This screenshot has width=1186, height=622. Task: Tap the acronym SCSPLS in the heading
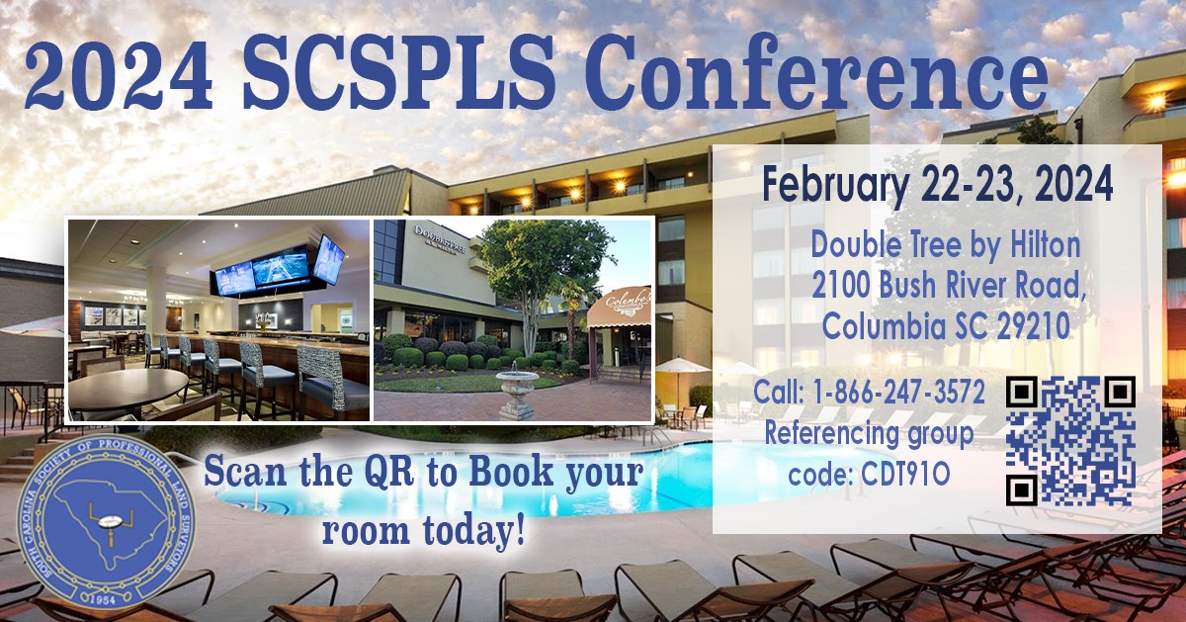pos(398,73)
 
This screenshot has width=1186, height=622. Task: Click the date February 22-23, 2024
pos(937,185)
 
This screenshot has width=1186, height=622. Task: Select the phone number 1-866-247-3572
pos(898,392)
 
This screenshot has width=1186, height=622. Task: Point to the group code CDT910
pos(905,475)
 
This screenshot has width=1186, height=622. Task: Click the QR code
pos(1070,441)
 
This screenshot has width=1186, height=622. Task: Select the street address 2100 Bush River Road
pos(949,287)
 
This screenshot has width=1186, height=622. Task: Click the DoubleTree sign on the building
pos(440,239)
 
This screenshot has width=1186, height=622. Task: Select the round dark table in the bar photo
pos(127,387)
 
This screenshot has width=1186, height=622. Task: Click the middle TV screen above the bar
pos(281,269)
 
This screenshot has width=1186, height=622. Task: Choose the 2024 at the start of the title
pos(120,74)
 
